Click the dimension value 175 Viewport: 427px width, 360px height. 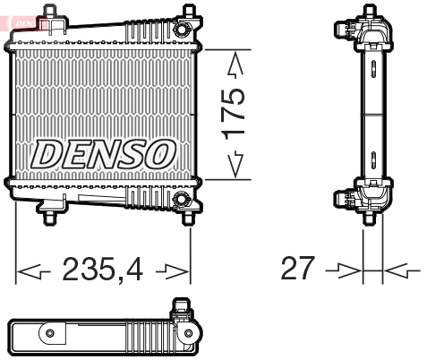(234, 113)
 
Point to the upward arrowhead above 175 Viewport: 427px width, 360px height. (235, 65)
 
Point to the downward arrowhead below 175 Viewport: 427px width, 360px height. (235, 164)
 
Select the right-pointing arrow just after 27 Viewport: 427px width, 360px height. (345, 269)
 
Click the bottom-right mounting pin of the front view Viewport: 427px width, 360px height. (189, 215)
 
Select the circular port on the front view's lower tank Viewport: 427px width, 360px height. (181, 197)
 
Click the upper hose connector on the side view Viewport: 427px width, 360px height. (344, 29)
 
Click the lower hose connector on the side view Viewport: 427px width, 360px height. (344, 199)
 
